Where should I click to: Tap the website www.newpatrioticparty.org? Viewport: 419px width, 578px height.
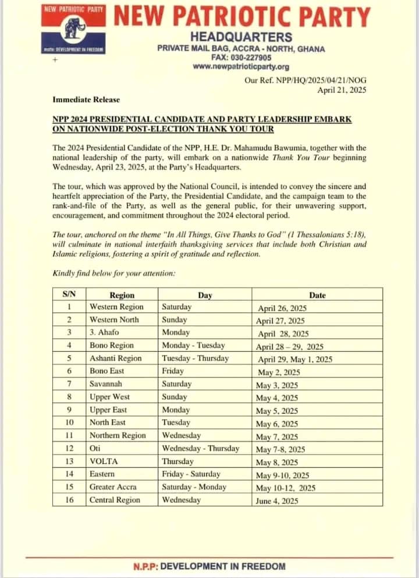tap(240, 67)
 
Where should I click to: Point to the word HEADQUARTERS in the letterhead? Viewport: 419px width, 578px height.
tap(241, 37)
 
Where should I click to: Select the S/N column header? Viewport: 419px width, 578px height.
tap(69, 295)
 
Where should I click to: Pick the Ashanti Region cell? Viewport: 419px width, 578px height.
tap(115, 359)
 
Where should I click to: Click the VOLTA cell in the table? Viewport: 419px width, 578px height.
tap(104, 462)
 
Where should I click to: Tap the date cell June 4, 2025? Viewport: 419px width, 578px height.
tap(276, 501)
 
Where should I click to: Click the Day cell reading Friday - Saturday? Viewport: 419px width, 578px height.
tap(191, 474)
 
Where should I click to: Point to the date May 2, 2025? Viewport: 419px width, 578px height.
tap(279, 373)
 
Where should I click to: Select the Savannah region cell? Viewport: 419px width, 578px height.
tap(106, 384)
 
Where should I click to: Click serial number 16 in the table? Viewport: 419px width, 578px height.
tap(69, 500)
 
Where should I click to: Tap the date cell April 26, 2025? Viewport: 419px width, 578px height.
tap(281, 308)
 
